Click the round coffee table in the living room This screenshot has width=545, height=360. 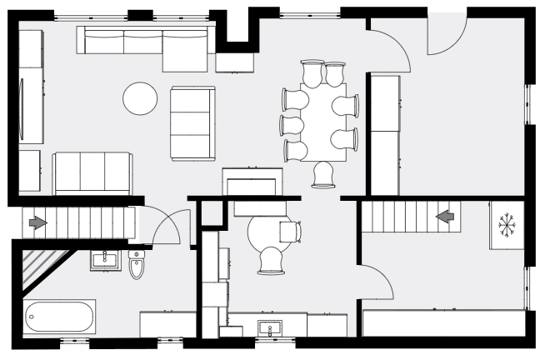point(140,98)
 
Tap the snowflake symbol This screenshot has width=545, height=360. point(506,225)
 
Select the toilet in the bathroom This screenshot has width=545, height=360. point(137,264)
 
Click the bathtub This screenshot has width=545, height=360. point(60,317)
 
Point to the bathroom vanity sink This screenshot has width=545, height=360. point(106,257)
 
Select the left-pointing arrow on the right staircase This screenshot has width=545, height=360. point(446,217)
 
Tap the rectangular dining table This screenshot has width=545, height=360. point(324,122)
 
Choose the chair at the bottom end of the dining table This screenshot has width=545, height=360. point(323,174)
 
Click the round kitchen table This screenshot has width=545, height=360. point(268,232)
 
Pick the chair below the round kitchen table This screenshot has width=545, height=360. point(272,260)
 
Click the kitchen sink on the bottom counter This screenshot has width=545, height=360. point(268,327)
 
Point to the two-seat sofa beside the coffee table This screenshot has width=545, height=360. point(192,123)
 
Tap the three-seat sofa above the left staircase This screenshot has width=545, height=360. point(92,172)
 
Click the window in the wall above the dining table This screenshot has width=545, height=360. point(310,12)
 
